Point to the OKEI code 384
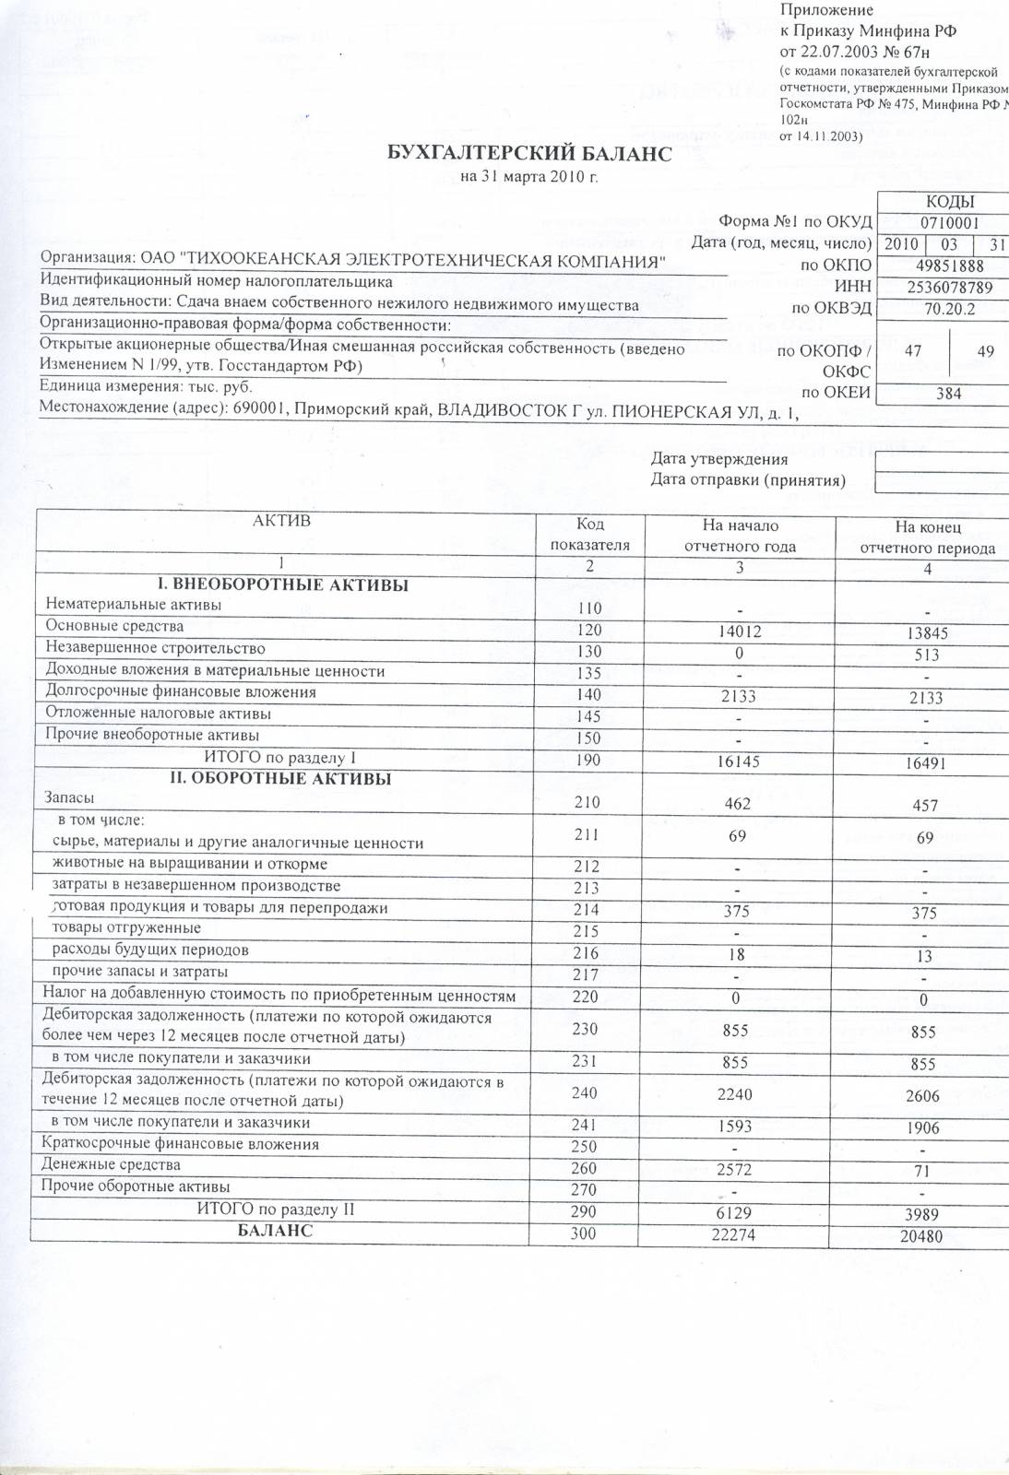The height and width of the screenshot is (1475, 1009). click(x=948, y=394)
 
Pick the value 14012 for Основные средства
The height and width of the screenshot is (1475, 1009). click(x=740, y=631)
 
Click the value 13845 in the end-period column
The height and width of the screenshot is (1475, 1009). click(x=927, y=633)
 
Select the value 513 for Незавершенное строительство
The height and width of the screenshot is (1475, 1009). click(x=927, y=655)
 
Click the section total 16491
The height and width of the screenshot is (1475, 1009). click(x=927, y=763)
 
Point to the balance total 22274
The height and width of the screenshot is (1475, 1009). click(x=740, y=1234)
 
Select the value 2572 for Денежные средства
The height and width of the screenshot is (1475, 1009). click(x=738, y=1169)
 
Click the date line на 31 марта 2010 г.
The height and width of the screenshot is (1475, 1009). click(x=529, y=176)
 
